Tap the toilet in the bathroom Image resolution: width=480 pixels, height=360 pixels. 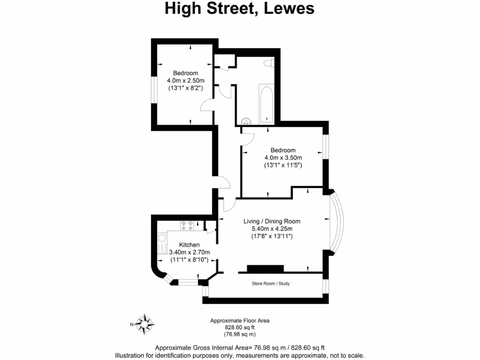click(x=269, y=63)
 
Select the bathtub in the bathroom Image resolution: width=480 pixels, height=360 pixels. click(x=265, y=105)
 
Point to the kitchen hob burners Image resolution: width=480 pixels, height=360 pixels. click(x=187, y=225)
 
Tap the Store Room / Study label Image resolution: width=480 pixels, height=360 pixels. click(x=270, y=284)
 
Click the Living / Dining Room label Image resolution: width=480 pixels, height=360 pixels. click(x=272, y=221)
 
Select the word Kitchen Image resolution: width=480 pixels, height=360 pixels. click(x=189, y=245)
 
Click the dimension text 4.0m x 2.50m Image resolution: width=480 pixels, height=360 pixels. click(x=186, y=80)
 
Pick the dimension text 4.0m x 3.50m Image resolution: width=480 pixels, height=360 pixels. click(x=283, y=158)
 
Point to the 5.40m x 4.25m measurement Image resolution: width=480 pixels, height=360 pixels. click(x=272, y=229)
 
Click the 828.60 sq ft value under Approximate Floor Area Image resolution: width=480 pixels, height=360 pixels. click(x=240, y=328)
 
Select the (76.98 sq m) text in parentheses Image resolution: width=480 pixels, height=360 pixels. click(x=240, y=334)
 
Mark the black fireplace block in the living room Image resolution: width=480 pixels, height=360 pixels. click(x=265, y=268)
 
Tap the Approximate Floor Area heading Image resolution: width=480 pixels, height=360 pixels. click(x=240, y=321)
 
